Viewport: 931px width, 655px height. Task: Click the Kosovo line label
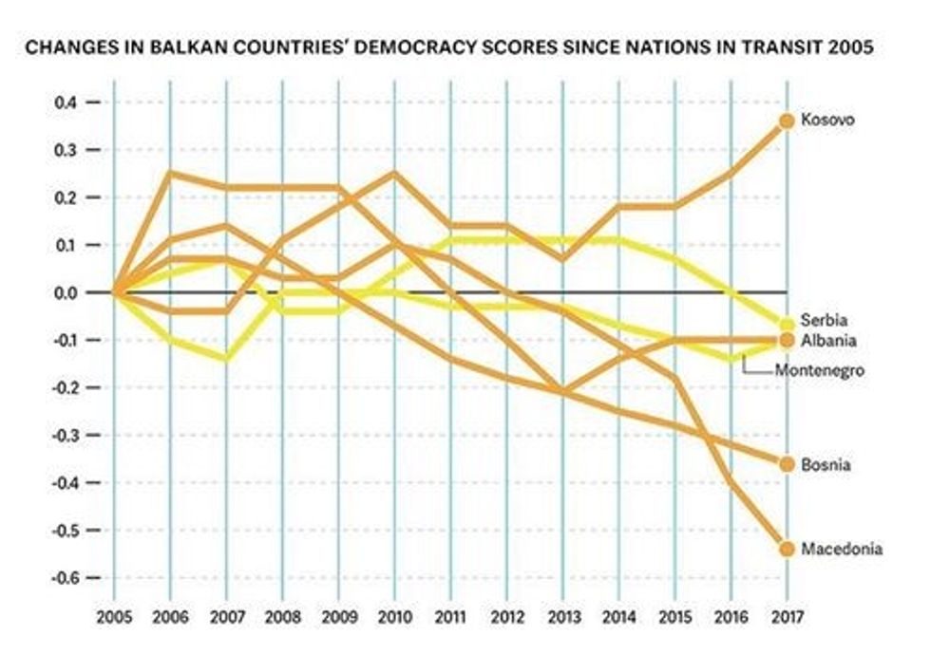828,121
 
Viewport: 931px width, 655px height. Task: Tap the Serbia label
824,321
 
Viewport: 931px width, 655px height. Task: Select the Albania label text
827,340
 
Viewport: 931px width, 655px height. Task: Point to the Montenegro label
820,370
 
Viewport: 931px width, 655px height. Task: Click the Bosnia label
826,464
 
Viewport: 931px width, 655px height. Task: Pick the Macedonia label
842,549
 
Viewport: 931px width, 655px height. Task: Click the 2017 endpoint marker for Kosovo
786,121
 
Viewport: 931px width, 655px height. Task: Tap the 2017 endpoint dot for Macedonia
786,549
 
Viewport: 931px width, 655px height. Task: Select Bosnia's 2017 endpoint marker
786,463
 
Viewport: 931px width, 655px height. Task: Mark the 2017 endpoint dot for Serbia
786,324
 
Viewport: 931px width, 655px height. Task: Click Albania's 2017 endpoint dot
786,340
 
